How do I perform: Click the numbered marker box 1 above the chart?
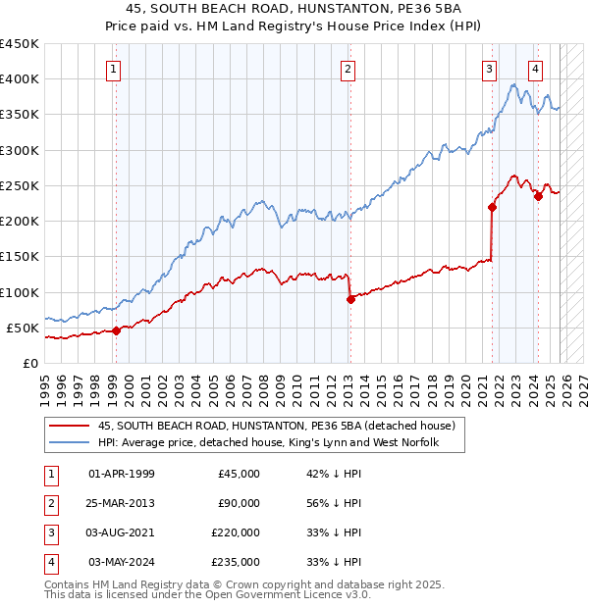(x=115, y=69)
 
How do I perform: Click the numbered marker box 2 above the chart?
(x=348, y=69)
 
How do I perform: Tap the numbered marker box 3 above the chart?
(x=489, y=69)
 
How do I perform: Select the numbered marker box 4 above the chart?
(x=535, y=69)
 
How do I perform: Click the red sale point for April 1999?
(x=116, y=330)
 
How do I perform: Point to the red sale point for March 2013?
(x=350, y=299)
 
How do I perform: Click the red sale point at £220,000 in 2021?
(x=492, y=207)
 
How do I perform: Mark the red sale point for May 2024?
(x=538, y=196)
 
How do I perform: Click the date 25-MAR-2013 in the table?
(x=121, y=503)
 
